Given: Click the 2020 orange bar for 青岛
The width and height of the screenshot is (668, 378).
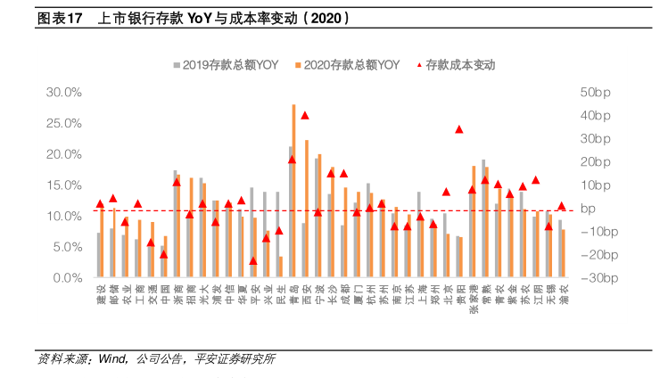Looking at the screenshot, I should [294, 191].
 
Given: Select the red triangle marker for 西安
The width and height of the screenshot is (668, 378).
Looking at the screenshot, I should [304, 115].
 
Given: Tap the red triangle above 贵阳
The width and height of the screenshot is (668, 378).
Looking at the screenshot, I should [459, 129].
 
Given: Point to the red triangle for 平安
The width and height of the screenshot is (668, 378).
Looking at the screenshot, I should [253, 261].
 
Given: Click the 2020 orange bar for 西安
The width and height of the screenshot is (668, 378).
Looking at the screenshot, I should [307, 209].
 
